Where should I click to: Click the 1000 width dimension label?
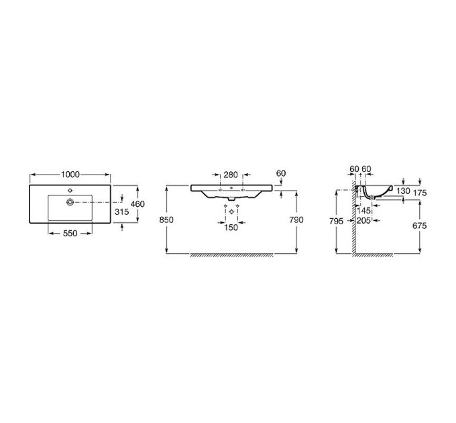70,175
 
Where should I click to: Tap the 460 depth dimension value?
137,204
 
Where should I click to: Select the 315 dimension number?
121,211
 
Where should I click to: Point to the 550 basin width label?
70,233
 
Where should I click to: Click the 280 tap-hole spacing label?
231,175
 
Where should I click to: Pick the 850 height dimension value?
166,220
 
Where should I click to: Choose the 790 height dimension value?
296,220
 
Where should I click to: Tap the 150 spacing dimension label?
231,228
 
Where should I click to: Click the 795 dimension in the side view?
336,222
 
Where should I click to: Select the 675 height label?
420,226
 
